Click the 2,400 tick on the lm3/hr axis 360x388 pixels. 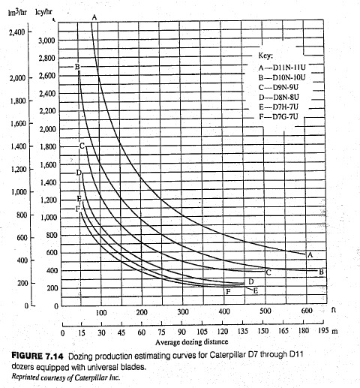(16, 33)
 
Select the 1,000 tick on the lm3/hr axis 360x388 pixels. (16, 191)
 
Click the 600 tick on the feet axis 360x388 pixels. (306, 311)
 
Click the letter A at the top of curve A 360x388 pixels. (94, 17)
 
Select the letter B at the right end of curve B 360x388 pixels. (322, 272)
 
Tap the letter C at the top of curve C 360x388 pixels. (82, 145)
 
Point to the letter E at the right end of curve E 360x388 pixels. (256, 290)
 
